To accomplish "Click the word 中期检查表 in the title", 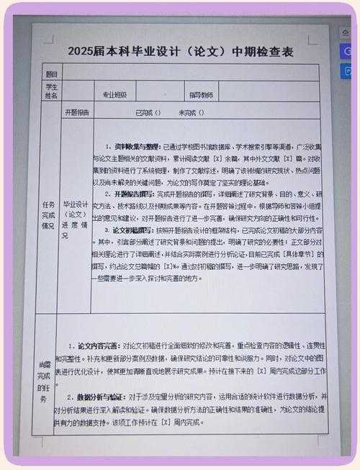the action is click(x=264, y=52).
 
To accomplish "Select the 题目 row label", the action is click(x=52, y=73).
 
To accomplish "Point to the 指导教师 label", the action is click(x=201, y=95).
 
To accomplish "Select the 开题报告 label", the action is click(x=78, y=113).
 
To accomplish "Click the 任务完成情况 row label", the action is click(x=49, y=214).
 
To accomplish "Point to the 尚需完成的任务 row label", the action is click(x=45, y=375).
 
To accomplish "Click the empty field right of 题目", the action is click(x=191, y=73).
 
